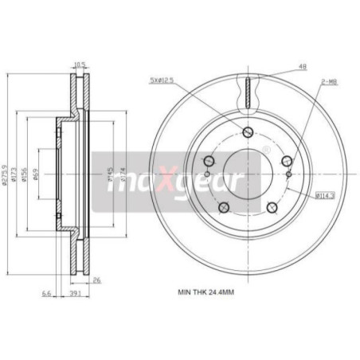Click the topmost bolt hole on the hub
coord(247,132)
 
